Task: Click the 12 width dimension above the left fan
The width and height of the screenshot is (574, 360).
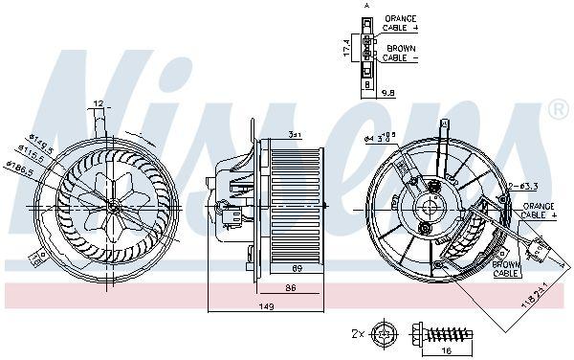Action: (98, 103)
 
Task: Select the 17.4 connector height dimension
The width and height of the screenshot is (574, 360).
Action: (347, 45)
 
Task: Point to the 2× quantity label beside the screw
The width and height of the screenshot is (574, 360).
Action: (357, 335)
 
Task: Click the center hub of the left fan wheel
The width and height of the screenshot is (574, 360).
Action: (114, 203)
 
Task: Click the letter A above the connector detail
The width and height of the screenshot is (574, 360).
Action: (364, 6)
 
